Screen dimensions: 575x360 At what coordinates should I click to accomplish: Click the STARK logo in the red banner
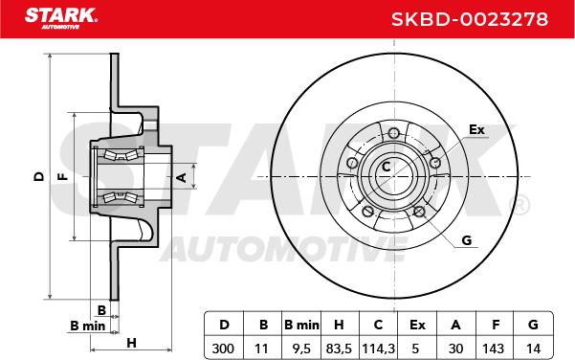(x=61, y=18)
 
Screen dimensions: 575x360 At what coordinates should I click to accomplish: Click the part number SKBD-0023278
(x=470, y=19)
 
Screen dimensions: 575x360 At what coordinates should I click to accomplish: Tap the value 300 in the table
(x=223, y=348)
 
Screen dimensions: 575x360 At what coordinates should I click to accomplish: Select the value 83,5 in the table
(x=339, y=348)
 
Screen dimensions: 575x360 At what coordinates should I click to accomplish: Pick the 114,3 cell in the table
(x=378, y=348)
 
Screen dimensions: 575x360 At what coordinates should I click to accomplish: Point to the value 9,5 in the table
(x=301, y=348)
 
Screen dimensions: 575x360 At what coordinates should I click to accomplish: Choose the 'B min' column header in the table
(x=301, y=325)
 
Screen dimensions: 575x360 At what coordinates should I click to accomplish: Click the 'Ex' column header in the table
(x=417, y=325)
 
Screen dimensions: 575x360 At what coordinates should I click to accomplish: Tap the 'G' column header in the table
(x=533, y=325)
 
